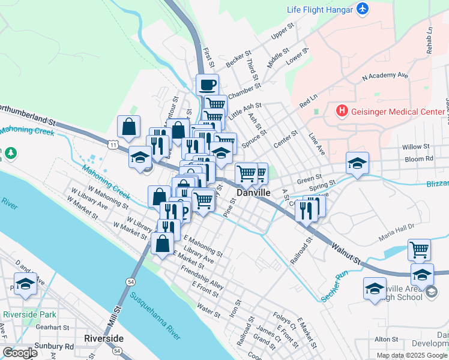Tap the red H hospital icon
[342, 110]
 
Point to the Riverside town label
[104, 338]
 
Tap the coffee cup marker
[207, 85]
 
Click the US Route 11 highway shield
[113, 145]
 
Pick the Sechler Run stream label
[334, 286]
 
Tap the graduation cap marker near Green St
[357, 163]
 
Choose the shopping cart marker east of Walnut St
[419, 248]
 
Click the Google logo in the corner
[20, 353]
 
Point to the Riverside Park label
[29, 314]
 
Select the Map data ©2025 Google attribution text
[412, 355]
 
